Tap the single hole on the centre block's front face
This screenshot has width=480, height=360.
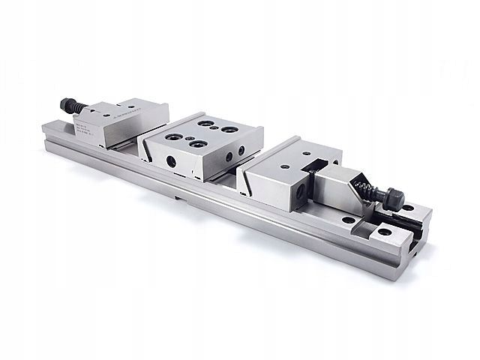(172, 159)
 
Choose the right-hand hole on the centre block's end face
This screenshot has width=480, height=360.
(241, 150)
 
